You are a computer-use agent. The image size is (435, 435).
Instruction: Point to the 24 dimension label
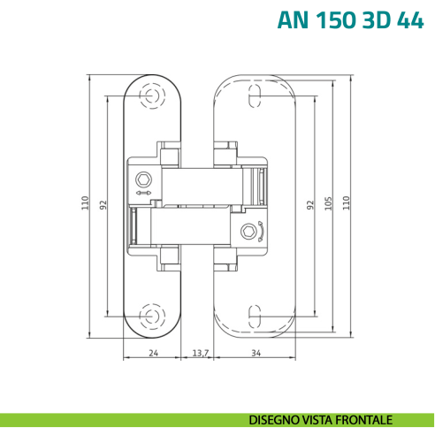153,353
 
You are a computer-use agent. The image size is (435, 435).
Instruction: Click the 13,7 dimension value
200,353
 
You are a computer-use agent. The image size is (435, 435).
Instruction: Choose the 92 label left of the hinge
103,204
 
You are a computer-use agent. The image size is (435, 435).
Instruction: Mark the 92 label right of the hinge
310,204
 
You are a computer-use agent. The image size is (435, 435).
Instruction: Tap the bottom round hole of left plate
153,316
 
